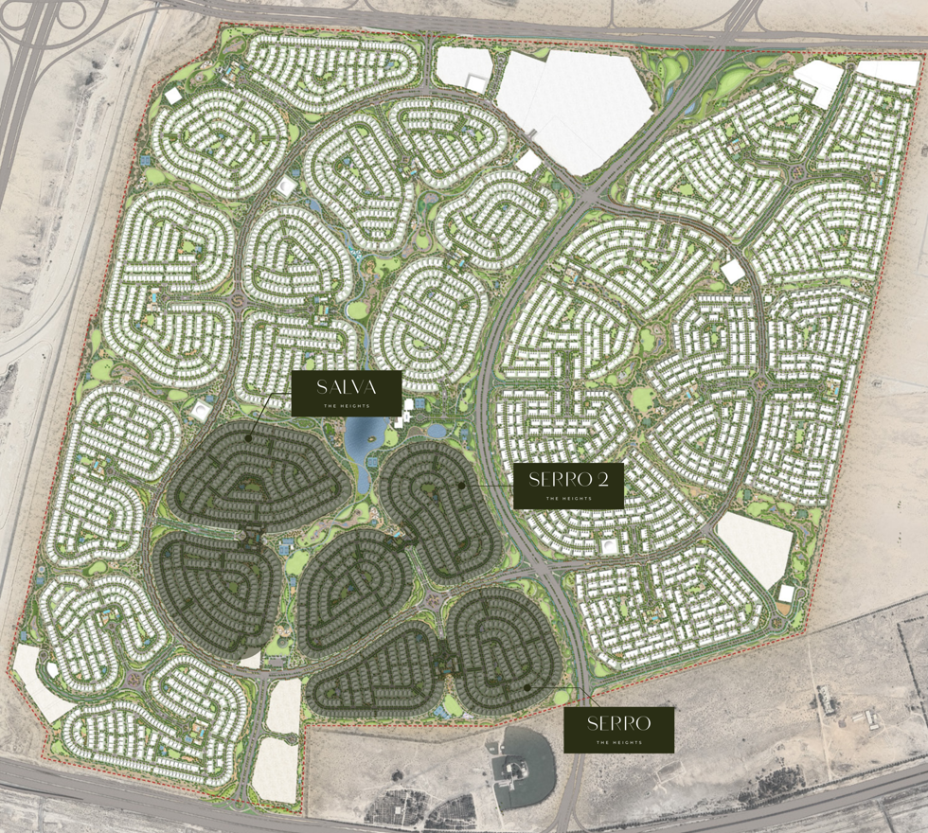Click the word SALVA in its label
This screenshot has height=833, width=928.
[347, 386]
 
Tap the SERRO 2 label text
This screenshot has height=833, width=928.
[567, 479]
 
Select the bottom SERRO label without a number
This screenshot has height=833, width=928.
[618, 724]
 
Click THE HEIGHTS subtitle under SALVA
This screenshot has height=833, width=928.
[347, 405]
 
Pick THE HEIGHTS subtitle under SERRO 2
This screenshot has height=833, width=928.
[567, 498]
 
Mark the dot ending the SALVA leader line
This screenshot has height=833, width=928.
[249, 438]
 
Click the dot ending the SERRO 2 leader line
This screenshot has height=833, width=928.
[462, 485]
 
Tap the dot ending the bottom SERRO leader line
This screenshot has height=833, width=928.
[526, 687]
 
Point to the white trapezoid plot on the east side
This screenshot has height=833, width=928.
[756, 549]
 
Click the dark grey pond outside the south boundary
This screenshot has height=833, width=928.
[524, 762]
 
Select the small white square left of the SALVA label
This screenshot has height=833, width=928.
[202, 410]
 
